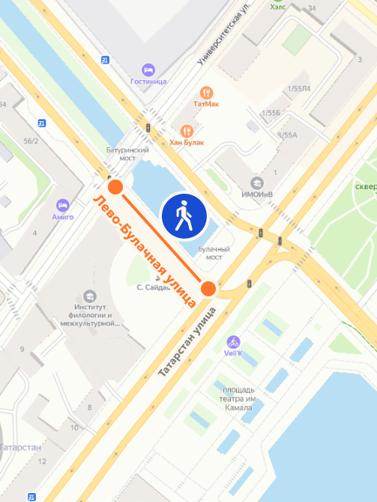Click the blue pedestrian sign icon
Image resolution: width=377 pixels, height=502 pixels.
(x=184, y=215)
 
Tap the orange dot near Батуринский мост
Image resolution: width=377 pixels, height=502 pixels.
(x=115, y=187)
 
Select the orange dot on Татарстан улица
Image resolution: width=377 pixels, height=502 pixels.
(x=208, y=288)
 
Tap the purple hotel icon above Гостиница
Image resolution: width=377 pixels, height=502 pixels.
(x=148, y=69)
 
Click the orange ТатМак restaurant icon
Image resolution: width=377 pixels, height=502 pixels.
(x=206, y=93)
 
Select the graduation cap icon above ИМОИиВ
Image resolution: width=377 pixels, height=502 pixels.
(x=256, y=183)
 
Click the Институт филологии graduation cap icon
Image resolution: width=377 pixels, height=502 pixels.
(x=91, y=296)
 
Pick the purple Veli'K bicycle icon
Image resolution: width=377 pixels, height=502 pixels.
(x=234, y=341)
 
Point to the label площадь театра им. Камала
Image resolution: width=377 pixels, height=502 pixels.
(x=239, y=400)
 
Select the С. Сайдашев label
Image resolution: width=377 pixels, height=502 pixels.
(x=155, y=287)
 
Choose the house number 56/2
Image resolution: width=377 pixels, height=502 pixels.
(x=31, y=141)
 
